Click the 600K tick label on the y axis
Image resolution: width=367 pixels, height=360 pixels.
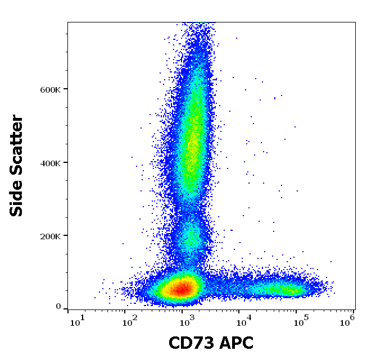pos(49,89)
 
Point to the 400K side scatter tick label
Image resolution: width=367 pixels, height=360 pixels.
pos(49,163)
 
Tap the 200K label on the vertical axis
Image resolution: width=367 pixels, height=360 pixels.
pos(49,236)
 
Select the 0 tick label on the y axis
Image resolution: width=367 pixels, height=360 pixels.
pos(58,307)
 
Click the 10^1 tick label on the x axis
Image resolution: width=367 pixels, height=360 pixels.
pos(77,321)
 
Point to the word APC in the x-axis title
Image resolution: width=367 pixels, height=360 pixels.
pos(235,343)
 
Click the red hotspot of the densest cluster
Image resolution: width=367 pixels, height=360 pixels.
pos(181,289)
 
